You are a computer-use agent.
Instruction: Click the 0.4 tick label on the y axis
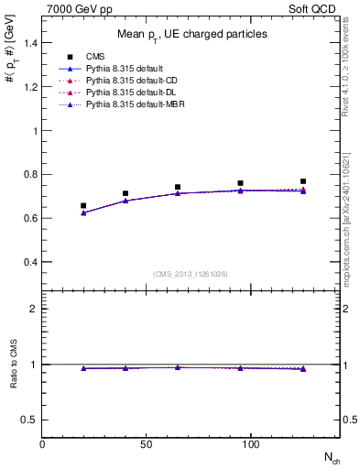[30, 262]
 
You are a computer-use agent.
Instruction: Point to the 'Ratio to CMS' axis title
[13, 364]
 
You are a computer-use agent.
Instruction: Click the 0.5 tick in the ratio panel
[30, 420]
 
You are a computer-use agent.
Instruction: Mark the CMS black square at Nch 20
[83, 206]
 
